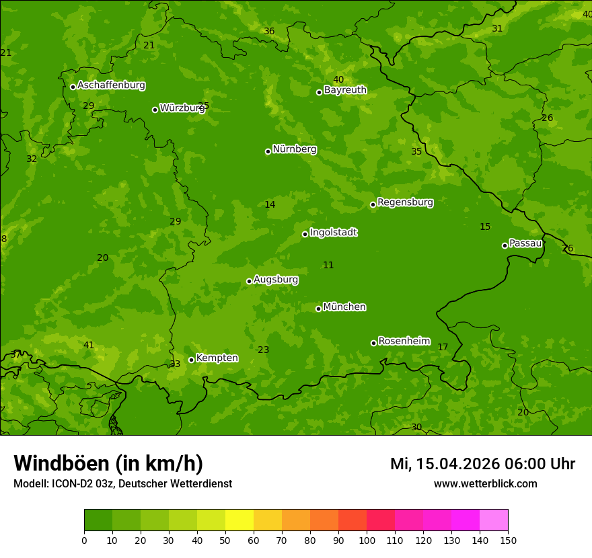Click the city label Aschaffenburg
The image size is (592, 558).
[111, 85]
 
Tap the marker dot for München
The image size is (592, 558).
[318, 309]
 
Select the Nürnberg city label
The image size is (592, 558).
[295, 149]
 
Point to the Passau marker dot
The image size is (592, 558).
[505, 245]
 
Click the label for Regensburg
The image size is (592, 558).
[405, 202]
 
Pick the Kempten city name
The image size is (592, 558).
[217, 358]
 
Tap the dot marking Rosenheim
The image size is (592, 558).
[373, 343]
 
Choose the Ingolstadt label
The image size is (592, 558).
[333, 233]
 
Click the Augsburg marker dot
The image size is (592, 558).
[249, 281]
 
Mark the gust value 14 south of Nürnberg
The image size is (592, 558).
[270, 204]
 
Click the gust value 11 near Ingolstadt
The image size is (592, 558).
[328, 266]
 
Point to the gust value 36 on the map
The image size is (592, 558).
[269, 32]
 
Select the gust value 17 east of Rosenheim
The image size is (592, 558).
[443, 348]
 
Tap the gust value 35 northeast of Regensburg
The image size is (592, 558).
[416, 152]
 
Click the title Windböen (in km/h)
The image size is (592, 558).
[108, 463]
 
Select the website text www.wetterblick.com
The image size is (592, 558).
[485, 484]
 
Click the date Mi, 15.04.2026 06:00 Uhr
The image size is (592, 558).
[482, 464]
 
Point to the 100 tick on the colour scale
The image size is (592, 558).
[367, 540]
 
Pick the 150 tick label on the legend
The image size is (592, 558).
[508, 540]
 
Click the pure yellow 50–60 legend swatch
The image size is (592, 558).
[239, 520]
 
